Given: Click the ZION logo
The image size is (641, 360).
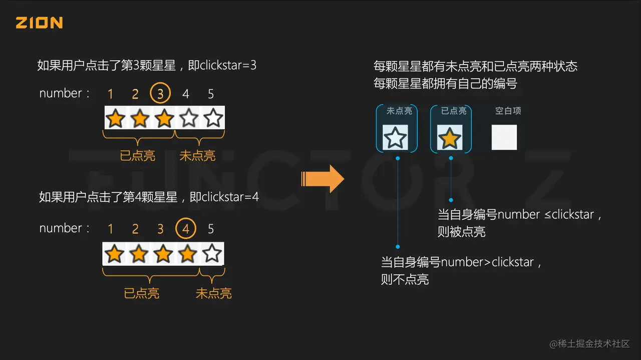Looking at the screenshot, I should [x=39, y=23].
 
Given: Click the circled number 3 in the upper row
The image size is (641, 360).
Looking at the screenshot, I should [x=160, y=94].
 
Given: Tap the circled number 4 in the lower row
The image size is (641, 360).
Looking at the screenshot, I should [x=186, y=229].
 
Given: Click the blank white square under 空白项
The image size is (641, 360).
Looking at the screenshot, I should [x=504, y=138].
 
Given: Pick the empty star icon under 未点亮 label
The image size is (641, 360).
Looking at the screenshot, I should [x=395, y=138].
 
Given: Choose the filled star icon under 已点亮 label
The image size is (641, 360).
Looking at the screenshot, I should [x=450, y=138].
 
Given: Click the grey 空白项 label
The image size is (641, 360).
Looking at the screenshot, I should [x=508, y=111].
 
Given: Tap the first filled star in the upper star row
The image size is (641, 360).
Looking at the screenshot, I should [x=116, y=118].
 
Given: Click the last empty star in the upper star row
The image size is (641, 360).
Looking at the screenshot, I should [x=213, y=118].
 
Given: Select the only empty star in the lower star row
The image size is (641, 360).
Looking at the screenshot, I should [x=212, y=254].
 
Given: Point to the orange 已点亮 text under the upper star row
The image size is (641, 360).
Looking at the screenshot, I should [x=138, y=156].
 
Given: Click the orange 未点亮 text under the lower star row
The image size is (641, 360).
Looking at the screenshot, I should [x=214, y=293].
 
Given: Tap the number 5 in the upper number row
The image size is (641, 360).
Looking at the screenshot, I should [x=211, y=94].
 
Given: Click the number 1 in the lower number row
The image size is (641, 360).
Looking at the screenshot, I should [x=110, y=229].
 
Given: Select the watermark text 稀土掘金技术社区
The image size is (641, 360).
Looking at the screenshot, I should [x=593, y=343].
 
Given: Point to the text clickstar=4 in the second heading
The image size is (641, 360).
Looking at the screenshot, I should [x=230, y=197].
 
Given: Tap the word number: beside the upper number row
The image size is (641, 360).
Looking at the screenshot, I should [x=65, y=93].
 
